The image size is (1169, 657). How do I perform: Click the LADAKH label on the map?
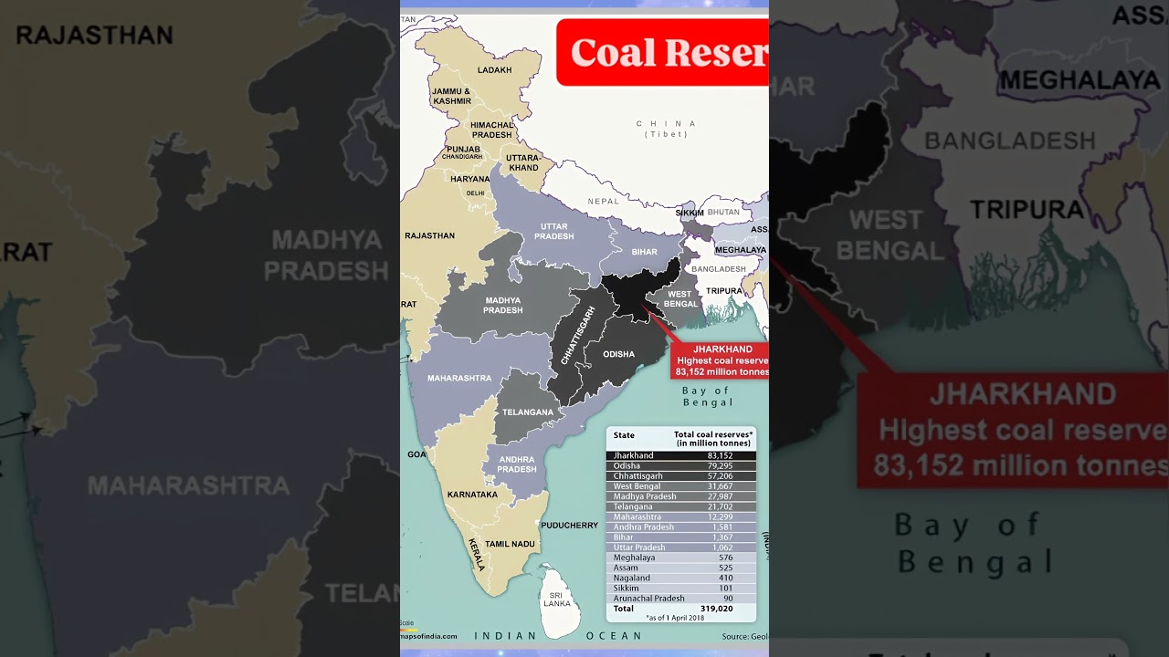click(495, 70)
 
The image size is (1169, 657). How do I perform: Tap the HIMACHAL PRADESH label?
click(492, 130)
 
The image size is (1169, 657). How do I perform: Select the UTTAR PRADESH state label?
click(553, 232)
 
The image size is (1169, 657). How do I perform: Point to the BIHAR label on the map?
click(644, 252)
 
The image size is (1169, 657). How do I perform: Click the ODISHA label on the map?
click(618, 354)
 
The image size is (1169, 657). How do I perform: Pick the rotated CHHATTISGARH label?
click(577, 335)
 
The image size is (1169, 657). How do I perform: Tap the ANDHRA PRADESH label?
click(516, 464)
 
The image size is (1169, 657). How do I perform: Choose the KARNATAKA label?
click(472, 495)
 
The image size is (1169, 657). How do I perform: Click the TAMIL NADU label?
click(510, 544)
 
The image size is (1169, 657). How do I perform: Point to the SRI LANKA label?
click(557, 600)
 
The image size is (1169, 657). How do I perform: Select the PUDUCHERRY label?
click(569, 526)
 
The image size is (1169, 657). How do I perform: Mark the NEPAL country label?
click(603, 201)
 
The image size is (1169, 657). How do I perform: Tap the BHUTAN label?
click(723, 213)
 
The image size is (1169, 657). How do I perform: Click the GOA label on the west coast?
click(416, 454)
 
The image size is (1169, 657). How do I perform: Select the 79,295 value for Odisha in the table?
click(720, 466)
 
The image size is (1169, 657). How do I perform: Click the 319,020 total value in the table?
click(716, 609)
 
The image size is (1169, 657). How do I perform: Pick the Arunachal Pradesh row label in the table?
click(648, 599)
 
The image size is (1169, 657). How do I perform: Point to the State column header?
click(624, 435)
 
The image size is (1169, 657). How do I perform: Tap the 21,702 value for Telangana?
click(720, 506)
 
